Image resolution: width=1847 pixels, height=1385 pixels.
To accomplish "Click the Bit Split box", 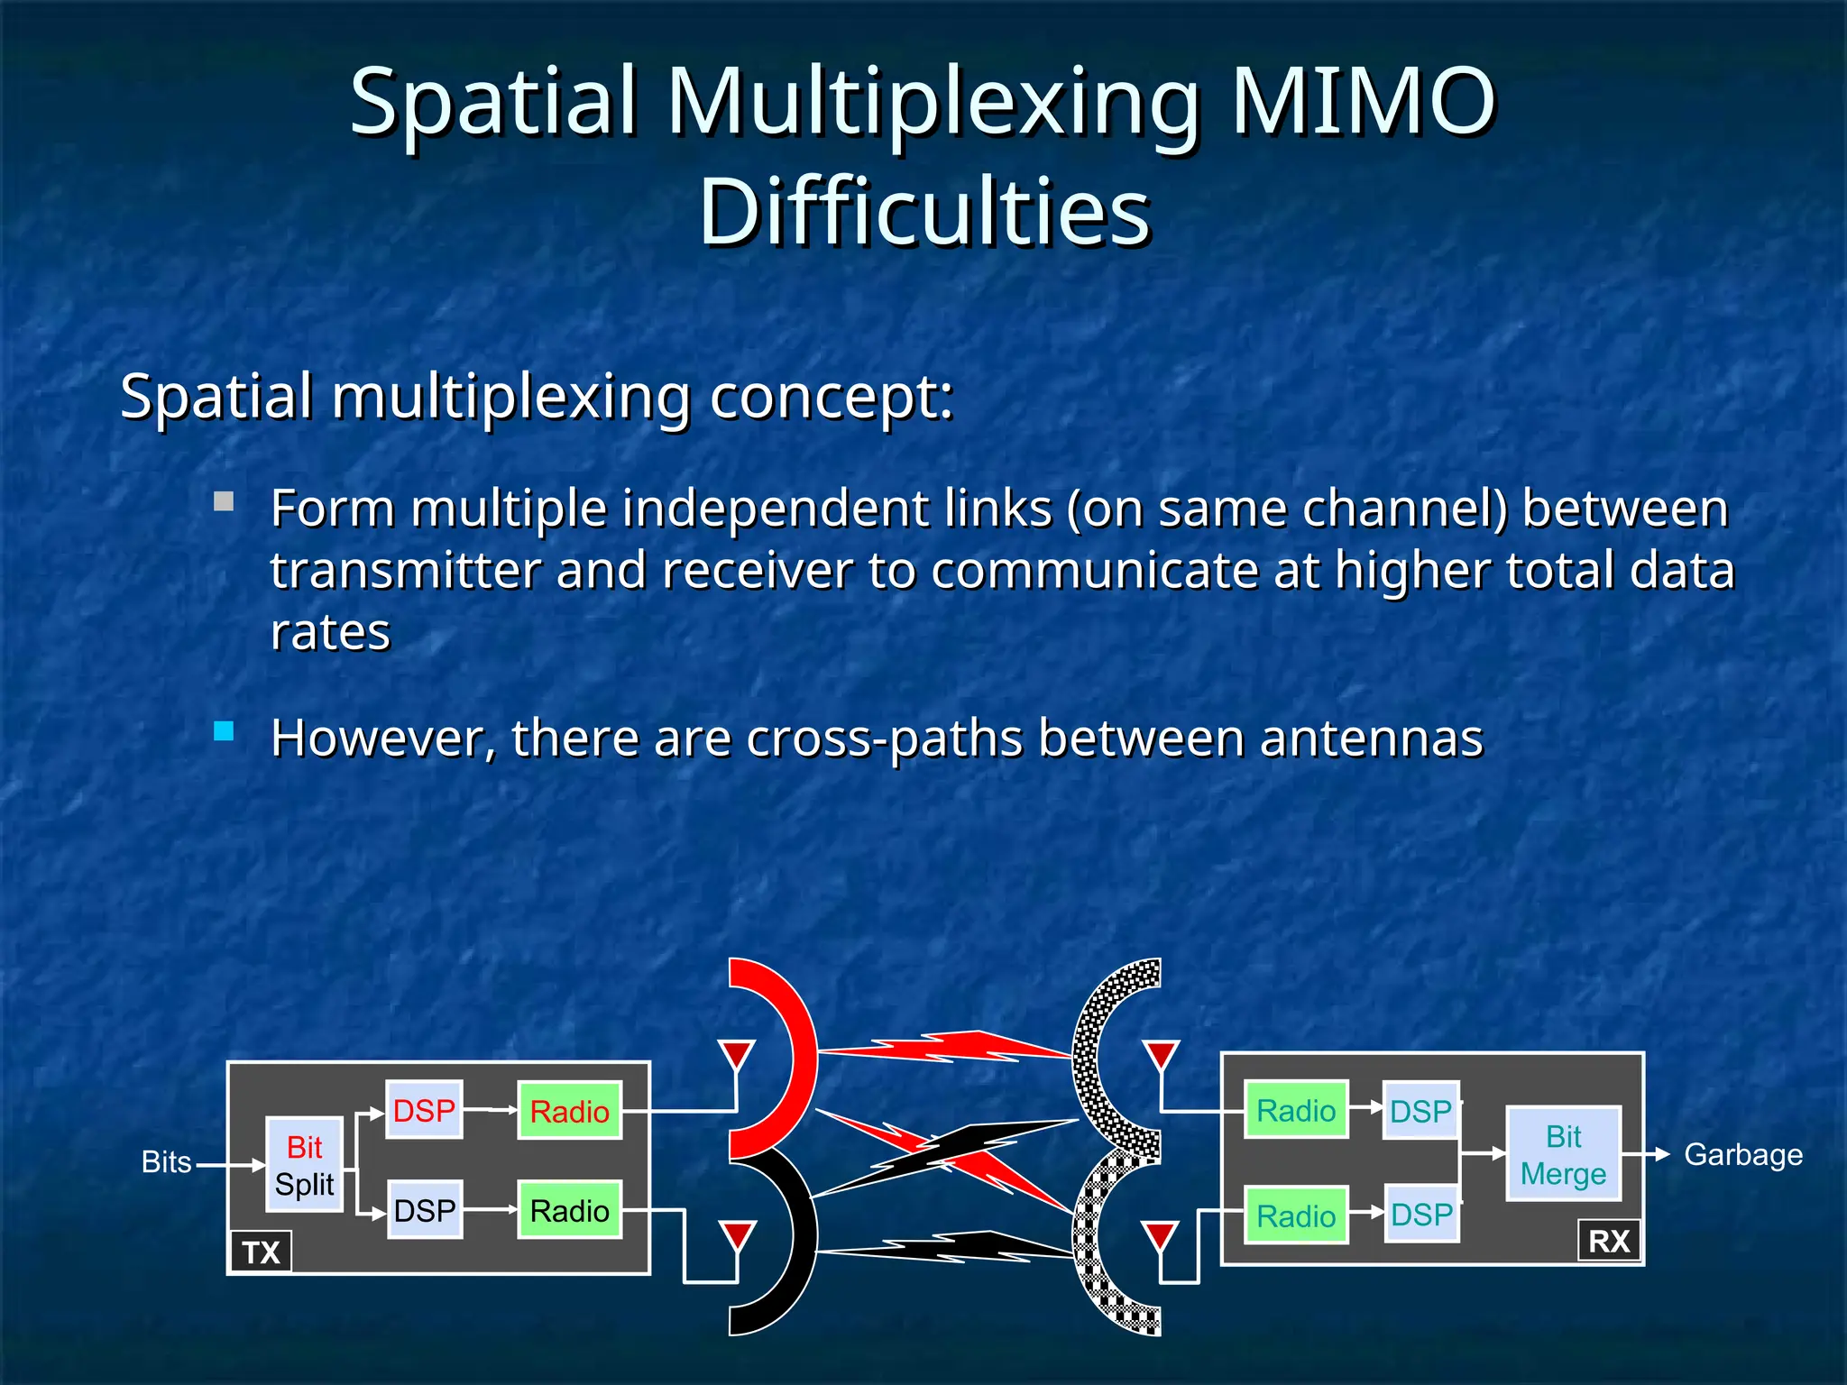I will click(x=304, y=1165).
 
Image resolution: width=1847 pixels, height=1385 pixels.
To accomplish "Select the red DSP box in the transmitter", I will click(x=424, y=1110).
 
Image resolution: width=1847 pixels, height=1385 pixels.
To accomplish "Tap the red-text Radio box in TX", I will click(x=569, y=1111).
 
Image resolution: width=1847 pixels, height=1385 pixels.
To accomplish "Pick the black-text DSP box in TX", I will click(x=424, y=1210).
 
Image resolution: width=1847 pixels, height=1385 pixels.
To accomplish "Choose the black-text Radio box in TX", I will click(x=569, y=1210).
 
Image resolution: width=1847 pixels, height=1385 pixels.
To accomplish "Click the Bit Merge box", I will click(x=1563, y=1154).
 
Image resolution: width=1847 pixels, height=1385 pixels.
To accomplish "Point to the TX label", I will click(x=261, y=1252).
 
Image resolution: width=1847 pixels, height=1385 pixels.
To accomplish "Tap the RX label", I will click(x=1609, y=1242).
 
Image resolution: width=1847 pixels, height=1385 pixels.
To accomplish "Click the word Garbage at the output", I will click(x=1742, y=1154).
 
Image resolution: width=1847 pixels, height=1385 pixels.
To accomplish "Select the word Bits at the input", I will click(x=167, y=1162).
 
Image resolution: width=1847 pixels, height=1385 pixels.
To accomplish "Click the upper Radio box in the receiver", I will click(x=1296, y=1110).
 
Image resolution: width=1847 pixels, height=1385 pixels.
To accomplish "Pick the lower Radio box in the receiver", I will click(x=1296, y=1215).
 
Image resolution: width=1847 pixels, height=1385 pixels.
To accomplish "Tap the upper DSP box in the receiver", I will click(x=1420, y=1111).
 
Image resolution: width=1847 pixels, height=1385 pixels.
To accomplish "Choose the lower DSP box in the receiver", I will click(x=1421, y=1215).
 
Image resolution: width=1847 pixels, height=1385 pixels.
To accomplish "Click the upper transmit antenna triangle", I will click(x=737, y=1053).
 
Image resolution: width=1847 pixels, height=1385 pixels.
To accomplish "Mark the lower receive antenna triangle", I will click(x=1160, y=1235).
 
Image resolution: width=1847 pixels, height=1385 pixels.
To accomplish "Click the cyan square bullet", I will click(x=224, y=730).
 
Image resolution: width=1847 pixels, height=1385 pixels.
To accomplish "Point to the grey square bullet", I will click(x=224, y=501).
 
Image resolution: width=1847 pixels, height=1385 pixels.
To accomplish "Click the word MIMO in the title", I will click(x=1362, y=101).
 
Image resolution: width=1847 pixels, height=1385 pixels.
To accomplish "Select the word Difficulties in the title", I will click(x=924, y=212).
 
